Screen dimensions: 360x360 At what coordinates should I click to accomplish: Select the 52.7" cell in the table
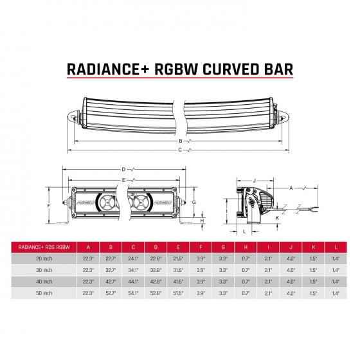(x=111, y=294)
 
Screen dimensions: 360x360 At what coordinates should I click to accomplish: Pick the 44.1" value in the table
(x=133, y=282)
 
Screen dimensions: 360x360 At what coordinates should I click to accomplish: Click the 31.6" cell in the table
(x=178, y=269)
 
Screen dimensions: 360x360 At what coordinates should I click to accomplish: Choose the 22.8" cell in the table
(x=156, y=257)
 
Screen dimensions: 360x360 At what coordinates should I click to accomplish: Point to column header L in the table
(x=334, y=246)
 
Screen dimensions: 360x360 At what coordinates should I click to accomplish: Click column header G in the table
(x=222, y=246)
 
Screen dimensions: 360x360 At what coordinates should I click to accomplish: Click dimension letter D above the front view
(x=123, y=169)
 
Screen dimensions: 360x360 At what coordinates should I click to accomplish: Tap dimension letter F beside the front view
(x=49, y=206)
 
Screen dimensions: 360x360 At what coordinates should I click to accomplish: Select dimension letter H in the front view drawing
(x=201, y=221)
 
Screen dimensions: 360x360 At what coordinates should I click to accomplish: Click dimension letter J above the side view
(x=255, y=181)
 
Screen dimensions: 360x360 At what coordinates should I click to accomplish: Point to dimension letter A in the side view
(x=291, y=188)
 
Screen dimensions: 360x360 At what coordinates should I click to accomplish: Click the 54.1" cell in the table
(x=133, y=294)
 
